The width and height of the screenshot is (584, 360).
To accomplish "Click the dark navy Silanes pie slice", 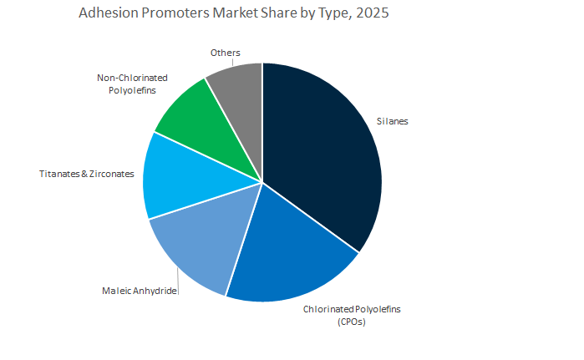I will pos(322,159).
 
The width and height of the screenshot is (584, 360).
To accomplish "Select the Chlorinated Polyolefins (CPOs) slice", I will pos(284,251).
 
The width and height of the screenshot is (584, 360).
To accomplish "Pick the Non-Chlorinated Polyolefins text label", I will pos(127,84).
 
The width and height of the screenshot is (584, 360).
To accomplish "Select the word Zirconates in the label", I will pos(109,174).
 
